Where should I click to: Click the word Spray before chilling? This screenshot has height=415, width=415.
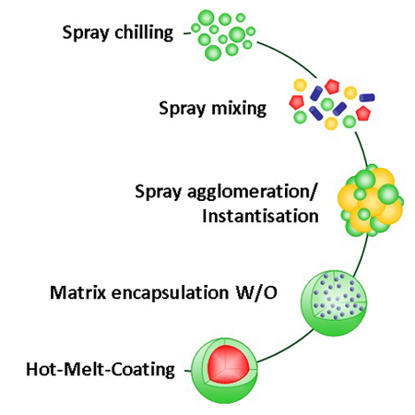click(86, 33)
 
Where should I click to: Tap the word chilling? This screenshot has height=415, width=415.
click(144, 32)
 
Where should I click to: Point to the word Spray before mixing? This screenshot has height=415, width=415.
click(182, 110)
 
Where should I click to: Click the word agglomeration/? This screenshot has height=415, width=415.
click(252, 193)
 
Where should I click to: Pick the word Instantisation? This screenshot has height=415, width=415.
click(260, 216)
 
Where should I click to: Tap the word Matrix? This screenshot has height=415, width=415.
click(77, 292)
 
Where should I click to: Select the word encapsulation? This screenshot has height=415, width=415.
click(170, 293)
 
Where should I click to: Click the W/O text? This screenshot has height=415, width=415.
click(256, 292)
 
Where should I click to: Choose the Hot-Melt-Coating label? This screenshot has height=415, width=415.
click(101, 369)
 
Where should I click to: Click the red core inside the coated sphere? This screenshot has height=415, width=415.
click(228, 365)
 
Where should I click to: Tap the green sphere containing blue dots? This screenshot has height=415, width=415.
click(334, 303)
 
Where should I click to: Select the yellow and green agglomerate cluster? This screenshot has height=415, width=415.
click(371, 200)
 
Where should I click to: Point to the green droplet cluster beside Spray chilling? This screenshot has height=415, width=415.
click(223, 35)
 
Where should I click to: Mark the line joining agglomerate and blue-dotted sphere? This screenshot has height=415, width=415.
click(362, 256)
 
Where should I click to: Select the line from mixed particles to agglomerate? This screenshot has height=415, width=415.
click(362, 148)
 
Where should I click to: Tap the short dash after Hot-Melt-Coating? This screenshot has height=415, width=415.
click(187, 371)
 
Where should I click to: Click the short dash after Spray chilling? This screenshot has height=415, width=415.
click(186, 33)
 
